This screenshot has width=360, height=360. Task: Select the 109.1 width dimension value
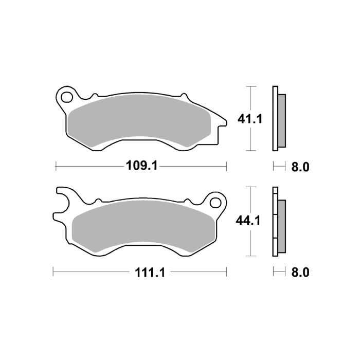[140, 166]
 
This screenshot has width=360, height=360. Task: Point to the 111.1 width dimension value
[140, 273]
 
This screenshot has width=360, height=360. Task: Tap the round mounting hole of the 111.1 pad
[215, 202]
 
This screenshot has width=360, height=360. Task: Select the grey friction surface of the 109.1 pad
[139, 120]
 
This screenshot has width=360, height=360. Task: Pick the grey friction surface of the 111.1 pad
[141, 226]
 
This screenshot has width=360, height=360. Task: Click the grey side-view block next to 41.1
[281, 119]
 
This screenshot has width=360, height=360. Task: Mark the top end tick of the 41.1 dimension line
[250, 87]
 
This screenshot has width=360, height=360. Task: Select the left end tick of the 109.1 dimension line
[56, 166]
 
